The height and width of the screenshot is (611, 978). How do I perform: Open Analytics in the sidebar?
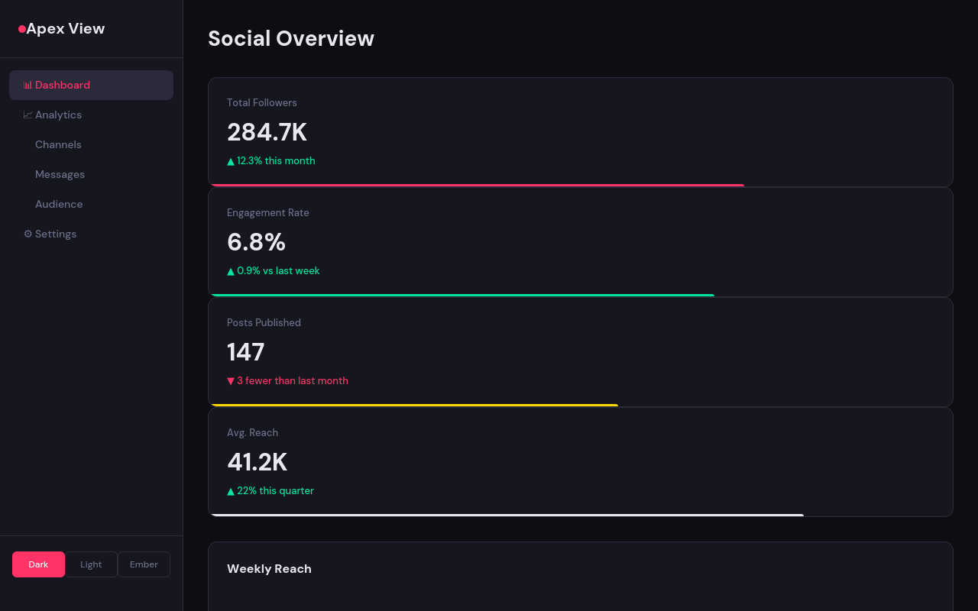click(58, 115)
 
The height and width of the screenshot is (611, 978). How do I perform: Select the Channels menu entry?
click(58, 144)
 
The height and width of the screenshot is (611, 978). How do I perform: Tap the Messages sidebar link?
click(60, 174)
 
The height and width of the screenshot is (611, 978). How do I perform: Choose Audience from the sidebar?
click(59, 204)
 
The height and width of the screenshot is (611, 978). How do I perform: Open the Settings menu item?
click(56, 234)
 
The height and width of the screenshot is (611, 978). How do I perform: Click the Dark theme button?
click(38, 564)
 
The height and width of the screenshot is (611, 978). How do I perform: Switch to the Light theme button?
click(91, 564)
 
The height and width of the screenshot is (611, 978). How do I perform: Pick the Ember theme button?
click(144, 564)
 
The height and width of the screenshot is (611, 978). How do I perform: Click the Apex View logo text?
click(66, 29)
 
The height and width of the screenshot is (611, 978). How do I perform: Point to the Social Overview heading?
click(291, 38)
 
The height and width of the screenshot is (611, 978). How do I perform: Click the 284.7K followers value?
click(267, 132)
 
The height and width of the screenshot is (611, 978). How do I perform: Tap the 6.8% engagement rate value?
click(256, 242)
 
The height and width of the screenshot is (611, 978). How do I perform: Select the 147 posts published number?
click(245, 352)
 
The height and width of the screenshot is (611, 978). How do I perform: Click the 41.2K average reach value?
click(257, 462)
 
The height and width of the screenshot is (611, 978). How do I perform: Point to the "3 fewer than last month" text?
click(292, 380)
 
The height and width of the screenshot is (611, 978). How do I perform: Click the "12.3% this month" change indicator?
click(275, 160)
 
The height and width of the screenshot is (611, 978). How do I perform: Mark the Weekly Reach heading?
click(269, 568)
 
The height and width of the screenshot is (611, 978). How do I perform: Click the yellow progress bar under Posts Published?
click(413, 405)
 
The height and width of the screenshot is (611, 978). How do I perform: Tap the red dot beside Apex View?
click(22, 29)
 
